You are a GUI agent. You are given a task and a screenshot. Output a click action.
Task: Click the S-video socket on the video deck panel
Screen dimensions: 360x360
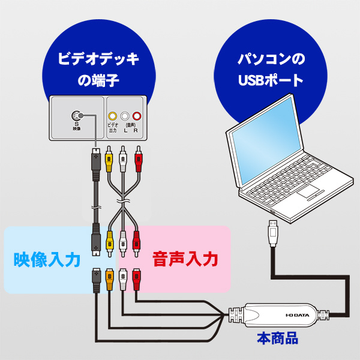pyautogui.click(x=76, y=116)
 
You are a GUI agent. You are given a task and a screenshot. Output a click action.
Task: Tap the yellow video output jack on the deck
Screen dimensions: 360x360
pyautogui.click(x=112, y=116)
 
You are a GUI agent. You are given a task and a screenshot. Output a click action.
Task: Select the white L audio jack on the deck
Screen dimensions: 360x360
pyautogui.click(x=124, y=116)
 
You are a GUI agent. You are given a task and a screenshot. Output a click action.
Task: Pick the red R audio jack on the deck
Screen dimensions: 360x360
pyautogui.click(x=137, y=116)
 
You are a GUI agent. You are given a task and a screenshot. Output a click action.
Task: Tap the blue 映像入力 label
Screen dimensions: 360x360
pyautogui.click(x=47, y=260)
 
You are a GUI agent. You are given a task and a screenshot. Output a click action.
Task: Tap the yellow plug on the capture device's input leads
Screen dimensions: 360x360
pyautogui.click(x=110, y=277)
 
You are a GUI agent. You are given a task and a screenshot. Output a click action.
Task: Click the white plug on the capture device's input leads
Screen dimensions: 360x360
pyautogui.click(x=124, y=277)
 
